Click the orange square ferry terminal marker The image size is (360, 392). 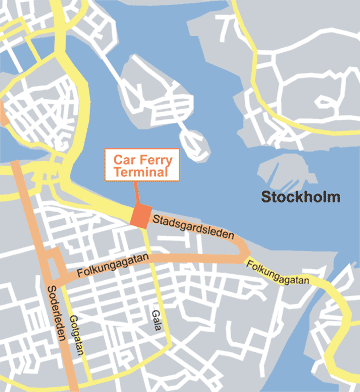[x=140, y=215]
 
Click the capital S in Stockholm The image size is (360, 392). [x=265, y=196]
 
